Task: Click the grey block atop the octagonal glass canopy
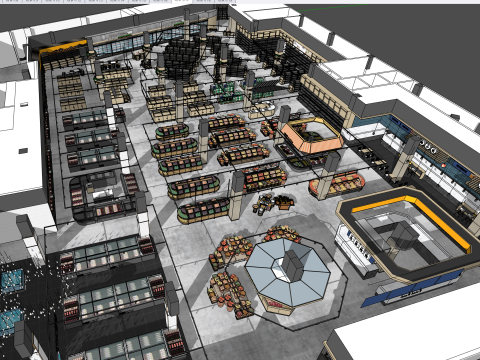pos(291,262)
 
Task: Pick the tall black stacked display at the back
pos(182,55)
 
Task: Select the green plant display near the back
pos(228,93)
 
